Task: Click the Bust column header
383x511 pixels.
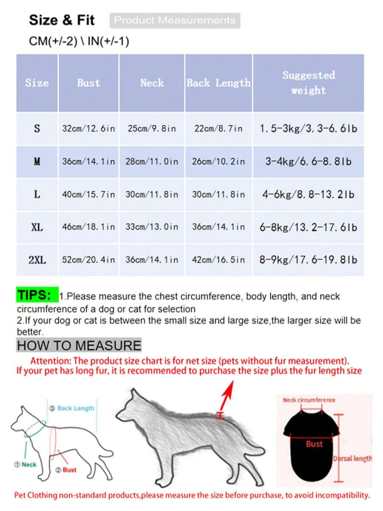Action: [89, 83]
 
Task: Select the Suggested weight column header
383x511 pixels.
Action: [309, 83]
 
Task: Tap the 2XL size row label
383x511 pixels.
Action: [37, 260]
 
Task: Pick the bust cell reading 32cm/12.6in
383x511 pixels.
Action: [89, 128]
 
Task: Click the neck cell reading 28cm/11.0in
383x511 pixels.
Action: [151, 162]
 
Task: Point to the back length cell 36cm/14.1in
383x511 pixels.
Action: [218, 227]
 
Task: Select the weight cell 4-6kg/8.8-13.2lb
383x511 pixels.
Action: [309, 194]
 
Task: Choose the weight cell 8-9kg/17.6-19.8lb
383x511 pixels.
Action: [309, 260]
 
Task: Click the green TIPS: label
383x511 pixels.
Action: [37, 294]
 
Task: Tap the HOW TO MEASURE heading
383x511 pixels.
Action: [79, 345]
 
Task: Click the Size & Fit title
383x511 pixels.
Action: [62, 20]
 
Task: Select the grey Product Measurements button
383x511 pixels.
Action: [174, 20]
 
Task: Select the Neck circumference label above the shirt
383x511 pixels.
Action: [309, 400]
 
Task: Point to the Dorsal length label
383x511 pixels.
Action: [353, 459]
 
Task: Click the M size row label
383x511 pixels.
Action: [37, 162]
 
